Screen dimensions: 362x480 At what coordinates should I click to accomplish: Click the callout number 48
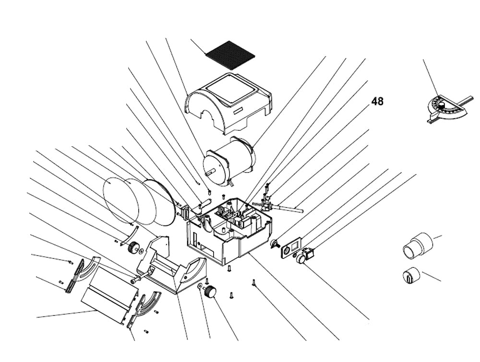pos(377,102)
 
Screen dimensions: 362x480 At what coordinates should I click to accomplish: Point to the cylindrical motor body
pos(230,158)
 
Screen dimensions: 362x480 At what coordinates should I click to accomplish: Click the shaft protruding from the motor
pos(210,172)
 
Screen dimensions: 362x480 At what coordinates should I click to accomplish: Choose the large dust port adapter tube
pos(417,244)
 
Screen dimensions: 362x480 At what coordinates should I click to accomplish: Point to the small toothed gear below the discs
pos(134,248)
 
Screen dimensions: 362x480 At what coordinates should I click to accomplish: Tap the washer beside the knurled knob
pos(199,287)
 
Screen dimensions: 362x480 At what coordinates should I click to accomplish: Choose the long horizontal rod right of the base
pos(288,207)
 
